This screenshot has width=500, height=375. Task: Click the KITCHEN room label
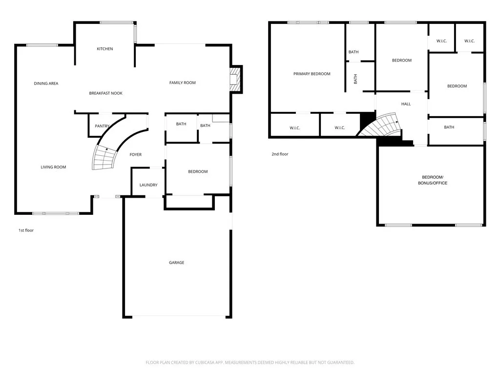pos(104,49)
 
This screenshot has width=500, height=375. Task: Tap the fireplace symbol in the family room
pos(236,79)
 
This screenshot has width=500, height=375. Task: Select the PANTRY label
pos(102,126)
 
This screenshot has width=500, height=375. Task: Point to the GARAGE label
pos(176,263)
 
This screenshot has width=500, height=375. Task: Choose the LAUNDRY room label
pos(148,185)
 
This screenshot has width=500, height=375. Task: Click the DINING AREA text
pos(46,83)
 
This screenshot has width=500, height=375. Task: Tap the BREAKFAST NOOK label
pos(105,93)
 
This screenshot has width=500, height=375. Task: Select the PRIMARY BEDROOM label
pos(312,74)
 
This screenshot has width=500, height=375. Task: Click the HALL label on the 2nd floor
pos(406,104)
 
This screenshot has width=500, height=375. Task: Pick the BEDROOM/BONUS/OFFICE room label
pos(432,180)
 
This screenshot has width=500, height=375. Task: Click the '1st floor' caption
pos(26,230)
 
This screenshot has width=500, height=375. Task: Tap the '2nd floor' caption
pos(280,154)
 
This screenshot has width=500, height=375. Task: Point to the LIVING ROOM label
pos(53,167)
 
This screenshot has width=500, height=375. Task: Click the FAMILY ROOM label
pos(182,83)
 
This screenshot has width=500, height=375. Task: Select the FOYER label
pos(135,155)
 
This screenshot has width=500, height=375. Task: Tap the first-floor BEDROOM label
pos(198,172)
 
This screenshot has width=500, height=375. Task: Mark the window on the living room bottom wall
pos(55,213)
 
